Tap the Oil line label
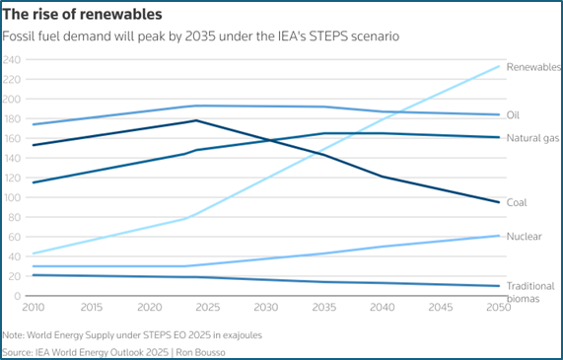513,115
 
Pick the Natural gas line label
532,138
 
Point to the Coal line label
517,202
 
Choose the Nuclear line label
524,237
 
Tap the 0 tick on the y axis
18,296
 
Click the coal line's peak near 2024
196,120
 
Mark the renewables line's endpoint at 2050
498,66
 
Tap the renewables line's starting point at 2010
33,253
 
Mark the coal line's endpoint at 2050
498,202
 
